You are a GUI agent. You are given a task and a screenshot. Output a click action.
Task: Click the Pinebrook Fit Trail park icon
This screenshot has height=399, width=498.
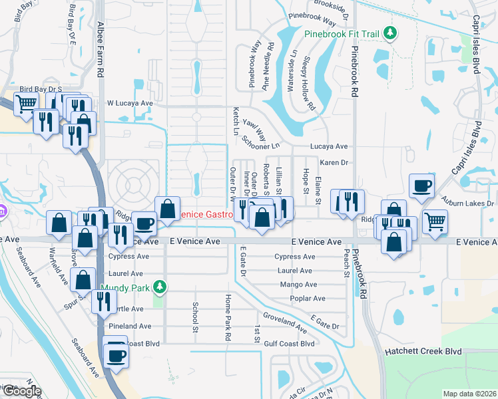coord(393,33)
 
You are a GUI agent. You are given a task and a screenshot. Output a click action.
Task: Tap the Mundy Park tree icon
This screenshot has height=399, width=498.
coord(158,287)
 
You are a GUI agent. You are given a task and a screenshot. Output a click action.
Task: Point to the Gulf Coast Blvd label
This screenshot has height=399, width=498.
coord(288,344)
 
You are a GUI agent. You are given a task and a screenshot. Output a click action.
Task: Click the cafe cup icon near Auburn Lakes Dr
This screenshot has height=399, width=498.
coord(422,187)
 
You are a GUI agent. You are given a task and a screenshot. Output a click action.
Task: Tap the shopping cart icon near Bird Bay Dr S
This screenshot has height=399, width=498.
coord(26,104)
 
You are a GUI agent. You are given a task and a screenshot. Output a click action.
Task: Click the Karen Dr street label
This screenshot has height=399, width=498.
coord(334,162)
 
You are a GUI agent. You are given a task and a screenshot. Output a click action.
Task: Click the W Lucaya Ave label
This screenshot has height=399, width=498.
coord(130,104)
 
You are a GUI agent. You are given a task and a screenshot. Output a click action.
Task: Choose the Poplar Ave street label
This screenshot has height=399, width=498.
coord(307,299)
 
